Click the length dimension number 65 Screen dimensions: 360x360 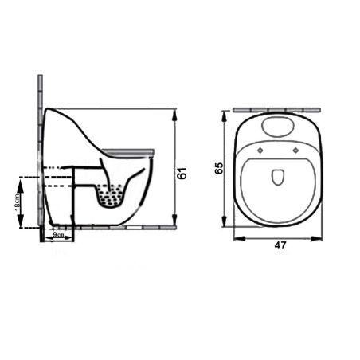click(x=220, y=167)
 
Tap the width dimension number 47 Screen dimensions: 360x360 click(x=279, y=246)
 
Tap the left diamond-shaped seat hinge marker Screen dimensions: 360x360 click(x=262, y=149)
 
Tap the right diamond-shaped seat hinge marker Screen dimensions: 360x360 click(x=296, y=149)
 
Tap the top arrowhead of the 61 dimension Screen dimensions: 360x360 click(x=174, y=112)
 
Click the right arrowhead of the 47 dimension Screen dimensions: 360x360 click(x=322, y=237)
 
